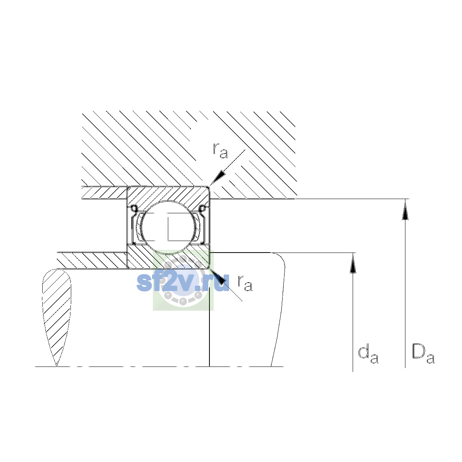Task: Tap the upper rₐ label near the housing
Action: point(220,151)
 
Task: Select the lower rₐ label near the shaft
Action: point(245,283)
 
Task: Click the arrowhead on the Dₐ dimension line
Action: point(405,209)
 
